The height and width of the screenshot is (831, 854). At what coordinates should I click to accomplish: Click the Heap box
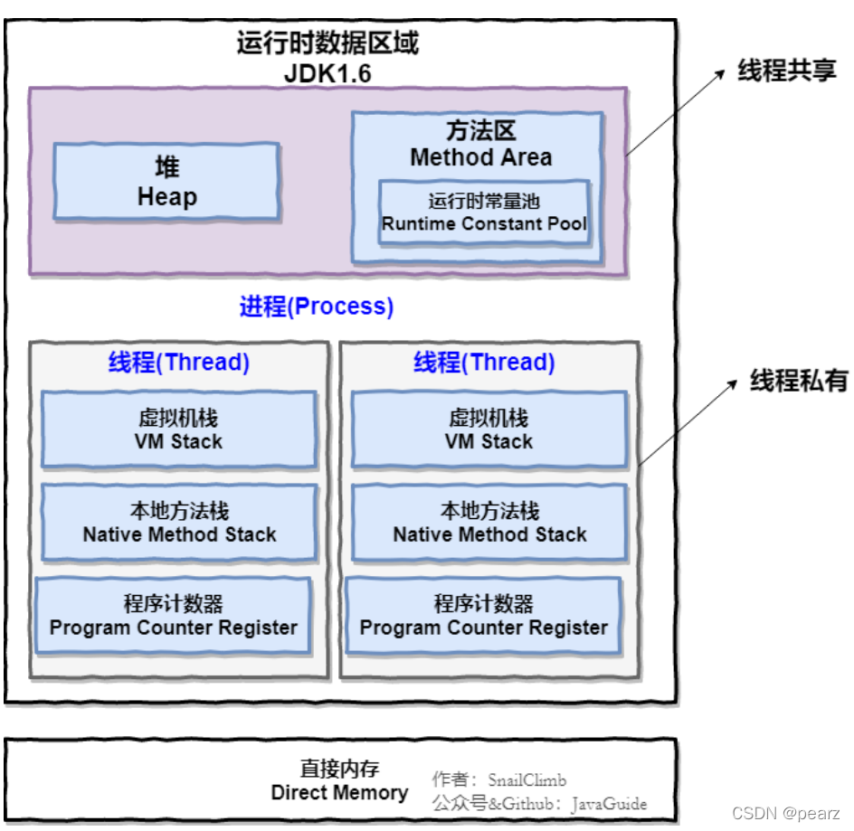tap(166, 182)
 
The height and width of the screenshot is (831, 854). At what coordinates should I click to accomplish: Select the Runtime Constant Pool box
tap(484, 212)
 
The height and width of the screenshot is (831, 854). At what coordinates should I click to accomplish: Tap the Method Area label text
tap(480, 157)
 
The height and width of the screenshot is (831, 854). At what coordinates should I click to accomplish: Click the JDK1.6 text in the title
tap(327, 74)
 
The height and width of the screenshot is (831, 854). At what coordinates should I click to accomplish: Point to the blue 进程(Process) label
tap(317, 307)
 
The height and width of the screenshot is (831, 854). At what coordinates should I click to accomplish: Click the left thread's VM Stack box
tap(179, 430)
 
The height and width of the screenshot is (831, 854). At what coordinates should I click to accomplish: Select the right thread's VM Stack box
tap(489, 430)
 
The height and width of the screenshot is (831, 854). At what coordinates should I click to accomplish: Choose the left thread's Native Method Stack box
tap(179, 524)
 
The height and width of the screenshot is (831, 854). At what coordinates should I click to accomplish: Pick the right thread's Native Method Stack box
tap(489, 524)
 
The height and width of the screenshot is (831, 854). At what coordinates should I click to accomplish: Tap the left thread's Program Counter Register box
tap(173, 616)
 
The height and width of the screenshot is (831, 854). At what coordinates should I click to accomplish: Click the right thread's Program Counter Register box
tap(483, 616)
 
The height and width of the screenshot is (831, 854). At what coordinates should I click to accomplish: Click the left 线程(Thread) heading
tap(179, 363)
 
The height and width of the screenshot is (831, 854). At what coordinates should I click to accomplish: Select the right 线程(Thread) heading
tap(484, 363)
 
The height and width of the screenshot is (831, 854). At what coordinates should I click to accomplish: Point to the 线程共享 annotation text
tap(787, 71)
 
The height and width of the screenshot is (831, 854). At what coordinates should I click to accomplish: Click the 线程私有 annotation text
tap(799, 382)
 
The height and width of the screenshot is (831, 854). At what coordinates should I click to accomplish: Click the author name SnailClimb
tap(527, 779)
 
